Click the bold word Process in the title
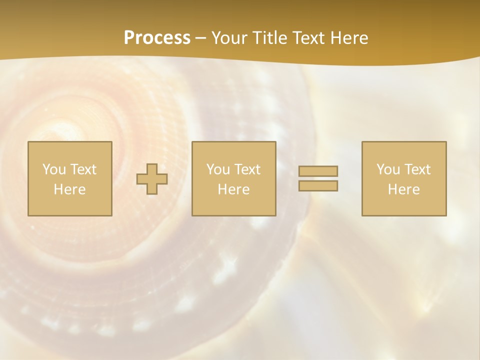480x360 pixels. click(157, 38)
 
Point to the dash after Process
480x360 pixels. click(201, 38)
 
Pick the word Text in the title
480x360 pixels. click(306, 38)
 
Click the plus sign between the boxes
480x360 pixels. click(152, 179)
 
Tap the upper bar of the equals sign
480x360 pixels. click(318, 171)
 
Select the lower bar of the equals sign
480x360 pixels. click(318, 185)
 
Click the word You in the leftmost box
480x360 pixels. click(53, 169)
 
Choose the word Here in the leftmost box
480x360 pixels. click(69, 189)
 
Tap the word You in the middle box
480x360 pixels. click(218, 169)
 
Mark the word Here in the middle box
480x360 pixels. click(233, 189)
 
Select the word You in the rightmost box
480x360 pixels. click(388, 169)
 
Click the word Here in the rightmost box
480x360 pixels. click(403, 189)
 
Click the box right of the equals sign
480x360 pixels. click(404, 205)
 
